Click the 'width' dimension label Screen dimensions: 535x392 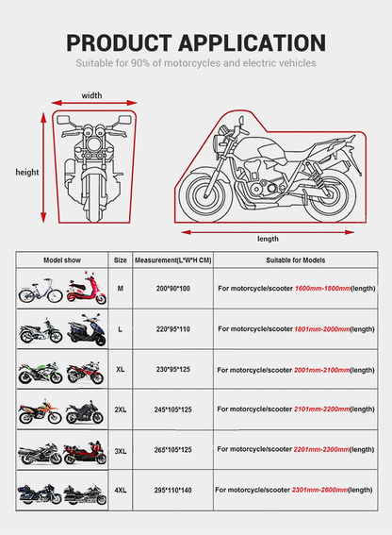(x=91, y=95)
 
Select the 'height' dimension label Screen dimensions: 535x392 (x=26, y=172)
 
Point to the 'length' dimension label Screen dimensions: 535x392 (x=268, y=239)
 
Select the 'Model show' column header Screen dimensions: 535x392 (x=61, y=259)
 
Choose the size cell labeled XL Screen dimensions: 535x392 (x=121, y=370)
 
